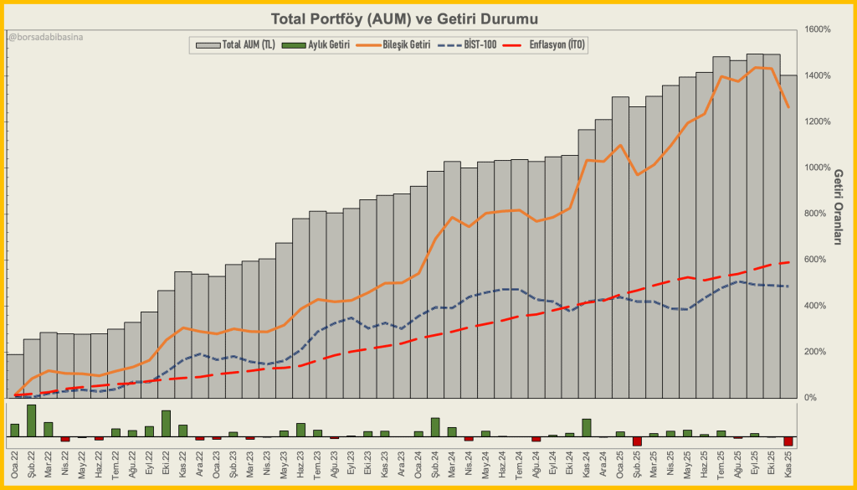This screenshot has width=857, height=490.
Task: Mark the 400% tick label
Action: (x=820, y=306)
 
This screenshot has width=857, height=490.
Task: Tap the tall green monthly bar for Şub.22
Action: (x=32, y=420)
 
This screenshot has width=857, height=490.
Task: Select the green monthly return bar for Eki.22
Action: (x=166, y=423)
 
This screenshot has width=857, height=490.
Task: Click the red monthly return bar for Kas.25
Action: (x=788, y=441)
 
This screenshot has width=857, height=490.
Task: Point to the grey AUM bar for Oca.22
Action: (x=15, y=375)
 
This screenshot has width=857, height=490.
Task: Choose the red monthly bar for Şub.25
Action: (x=637, y=441)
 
